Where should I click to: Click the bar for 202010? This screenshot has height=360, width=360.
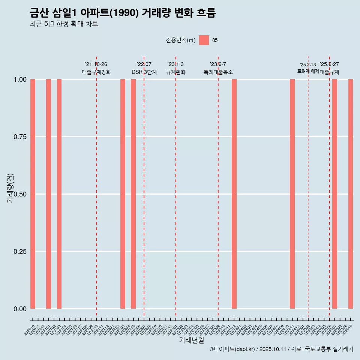pyautogui.click(x=33, y=194)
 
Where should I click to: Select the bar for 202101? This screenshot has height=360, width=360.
pyautogui.click(x=48, y=194)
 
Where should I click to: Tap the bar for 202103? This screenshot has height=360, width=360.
pyautogui.click(x=59, y=194)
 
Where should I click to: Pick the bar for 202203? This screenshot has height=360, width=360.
pyautogui.click(x=123, y=194)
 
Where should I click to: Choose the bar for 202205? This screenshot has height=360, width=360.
pyautogui.click(x=133, y=194)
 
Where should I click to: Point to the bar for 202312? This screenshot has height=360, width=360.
pyautogui.click(x=234, y=194)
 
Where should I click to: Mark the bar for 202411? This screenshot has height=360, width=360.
pyautogui.click(x=292, y=194)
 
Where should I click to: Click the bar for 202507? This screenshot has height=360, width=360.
pyautogui.click(x=334, y=194)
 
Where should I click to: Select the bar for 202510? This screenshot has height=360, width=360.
pyautogui.click(x=351, y=194)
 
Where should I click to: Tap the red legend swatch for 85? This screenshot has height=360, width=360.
pyautogui.click(x=204, y=40)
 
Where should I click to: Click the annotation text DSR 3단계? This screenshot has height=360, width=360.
pyautogui.click(x=144, y=72)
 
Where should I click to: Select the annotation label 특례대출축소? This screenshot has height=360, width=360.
pyautogui.click(x=218, y=72)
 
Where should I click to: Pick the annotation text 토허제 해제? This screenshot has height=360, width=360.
pyautogui.click(x=308, y=71)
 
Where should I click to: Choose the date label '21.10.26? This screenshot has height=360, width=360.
pyautogui.click(x=96, y=64)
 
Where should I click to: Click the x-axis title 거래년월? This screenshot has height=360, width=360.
pyautogui.click(x=191, y=340)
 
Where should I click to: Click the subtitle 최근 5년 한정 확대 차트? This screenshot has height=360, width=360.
pyautogui.click(x=64, y=24)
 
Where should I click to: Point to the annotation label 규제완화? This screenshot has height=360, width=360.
pyautogui.click(x=176, y=72)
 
